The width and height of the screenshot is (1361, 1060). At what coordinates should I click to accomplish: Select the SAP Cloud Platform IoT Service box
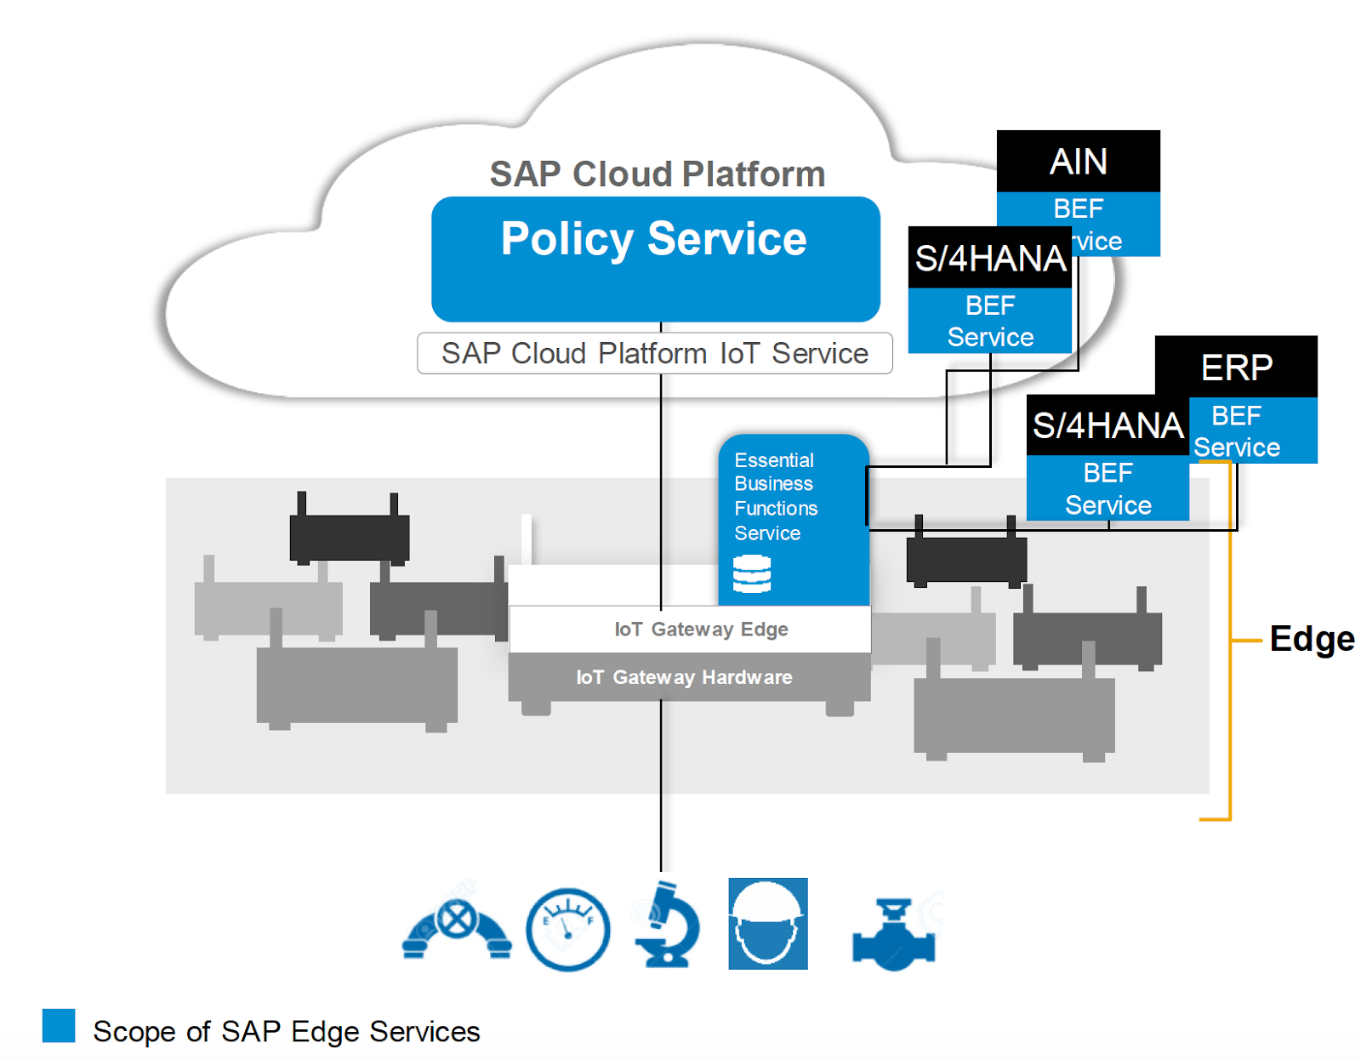[x=655, y=353]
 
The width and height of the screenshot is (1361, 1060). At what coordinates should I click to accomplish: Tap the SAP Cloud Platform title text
[x=658, y=174]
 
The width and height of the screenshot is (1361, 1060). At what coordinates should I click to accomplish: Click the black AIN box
[x=1078, y=162]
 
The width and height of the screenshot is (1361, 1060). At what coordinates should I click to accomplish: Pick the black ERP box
[x=1237, y=368]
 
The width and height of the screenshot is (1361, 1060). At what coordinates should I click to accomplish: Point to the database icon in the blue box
[x=752, y=574]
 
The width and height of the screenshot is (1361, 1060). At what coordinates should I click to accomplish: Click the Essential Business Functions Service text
[x=775, y=497]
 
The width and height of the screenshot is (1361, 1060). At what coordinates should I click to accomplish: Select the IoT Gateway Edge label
[x=701, y=630]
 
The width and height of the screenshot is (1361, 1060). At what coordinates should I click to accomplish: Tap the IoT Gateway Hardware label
[x=684, y=677]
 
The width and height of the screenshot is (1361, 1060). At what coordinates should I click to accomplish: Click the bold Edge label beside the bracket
[x=1312, y=639]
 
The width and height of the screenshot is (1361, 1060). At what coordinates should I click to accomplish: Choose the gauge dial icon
[x=567, y=929]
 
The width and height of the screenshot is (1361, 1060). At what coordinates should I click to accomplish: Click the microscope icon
[x=667, y=926]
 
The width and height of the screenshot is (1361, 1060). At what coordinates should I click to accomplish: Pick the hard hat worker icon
[x=767, y=924]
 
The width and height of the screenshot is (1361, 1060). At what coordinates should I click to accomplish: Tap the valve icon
[x=893, y=934]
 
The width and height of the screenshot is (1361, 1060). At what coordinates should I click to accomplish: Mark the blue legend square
[x=59, y=1025]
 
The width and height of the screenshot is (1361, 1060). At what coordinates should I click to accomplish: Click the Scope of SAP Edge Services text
[x=287, y=1032]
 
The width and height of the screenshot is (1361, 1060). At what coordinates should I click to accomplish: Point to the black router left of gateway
[x=349, y=536]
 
